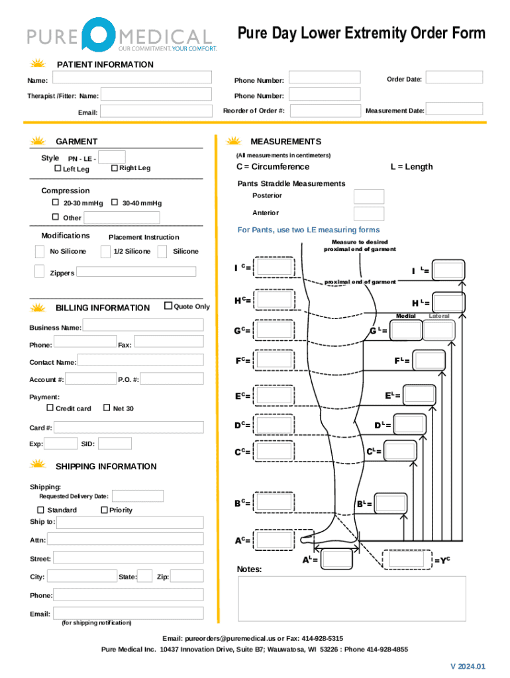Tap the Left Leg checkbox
[57, 169]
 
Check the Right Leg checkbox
[114, 168]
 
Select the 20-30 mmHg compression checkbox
[56, 203]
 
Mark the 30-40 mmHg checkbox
[115, 203]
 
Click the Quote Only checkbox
[168, 306]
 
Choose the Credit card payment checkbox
[50, 408]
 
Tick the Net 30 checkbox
[107, 408]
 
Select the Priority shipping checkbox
[104, 509]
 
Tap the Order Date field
[454, 77]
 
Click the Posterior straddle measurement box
[368, 196]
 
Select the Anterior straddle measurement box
[368, 213]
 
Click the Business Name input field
[142, 325]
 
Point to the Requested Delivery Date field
[138, 496]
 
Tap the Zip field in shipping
[187, 576]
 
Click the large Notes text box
[351, 599]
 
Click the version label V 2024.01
[467, 666]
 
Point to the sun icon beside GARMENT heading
[38, 141]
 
